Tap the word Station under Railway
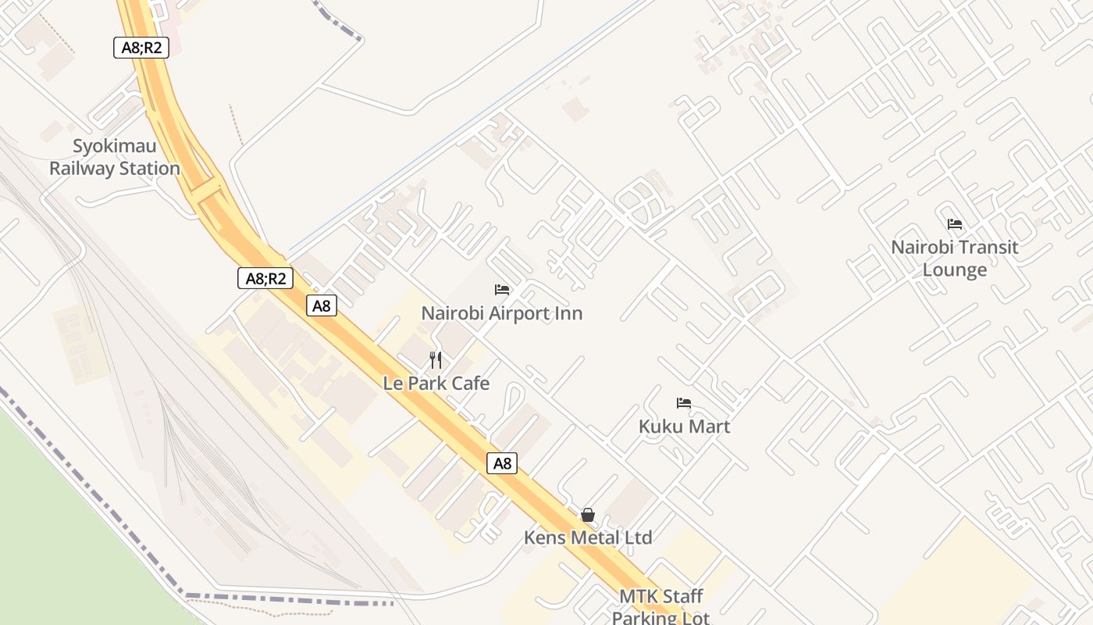coord(148,169)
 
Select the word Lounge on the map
coord(955,270)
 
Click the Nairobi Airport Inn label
coord(502,313)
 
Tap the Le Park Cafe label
coord(436,384)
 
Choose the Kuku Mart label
coord(684,427)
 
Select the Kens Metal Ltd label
coord(588,537)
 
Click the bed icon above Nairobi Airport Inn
coord(502,290)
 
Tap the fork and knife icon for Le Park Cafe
coord(436,360)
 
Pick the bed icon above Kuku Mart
coord(684,403)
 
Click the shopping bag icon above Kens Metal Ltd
coord(588,515)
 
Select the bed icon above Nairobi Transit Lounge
coord(955,224)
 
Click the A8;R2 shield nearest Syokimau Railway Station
coord(141,48)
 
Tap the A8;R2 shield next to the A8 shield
coord(265,278)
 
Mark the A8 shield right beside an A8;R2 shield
coord(322,305)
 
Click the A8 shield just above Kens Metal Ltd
coord(503,463)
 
